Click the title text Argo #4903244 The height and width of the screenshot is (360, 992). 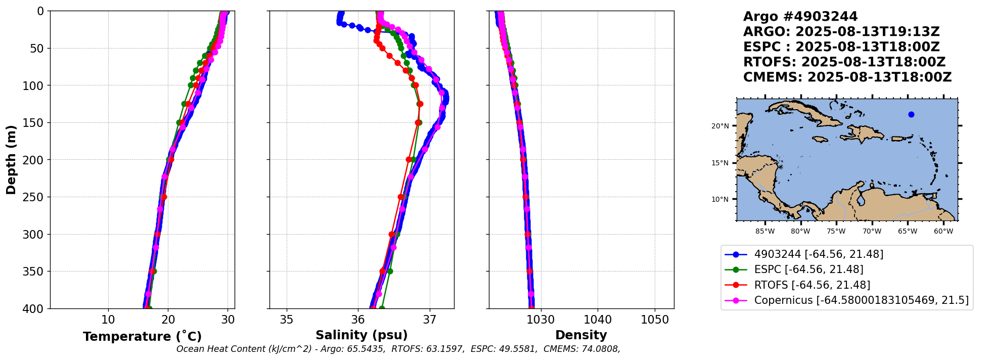tap(800, 17)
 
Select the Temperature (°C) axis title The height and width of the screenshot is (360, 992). tap(142, 337)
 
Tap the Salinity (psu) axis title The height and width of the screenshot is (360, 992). tap(362, 335)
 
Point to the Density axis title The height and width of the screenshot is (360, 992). tap(581, 335)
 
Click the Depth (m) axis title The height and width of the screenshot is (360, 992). tap(11, 160)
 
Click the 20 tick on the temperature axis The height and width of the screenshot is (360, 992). tap(168, 320)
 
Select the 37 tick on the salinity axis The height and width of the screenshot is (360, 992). tap(430, 320)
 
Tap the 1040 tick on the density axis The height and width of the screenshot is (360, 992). tap(598, 320)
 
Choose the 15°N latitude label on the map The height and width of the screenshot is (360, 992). tap(720, 163)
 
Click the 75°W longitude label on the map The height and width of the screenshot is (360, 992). tap(836, 232)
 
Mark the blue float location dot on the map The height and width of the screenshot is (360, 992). tap(911, 115)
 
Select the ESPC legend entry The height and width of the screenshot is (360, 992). tap(808, 269)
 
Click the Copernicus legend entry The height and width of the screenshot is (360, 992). tap(861, 300)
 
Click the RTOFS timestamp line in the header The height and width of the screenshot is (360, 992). tap(844, 62)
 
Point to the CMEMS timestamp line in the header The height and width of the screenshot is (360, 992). tap(847, 77)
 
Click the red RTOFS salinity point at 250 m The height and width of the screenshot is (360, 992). tap(401, 197)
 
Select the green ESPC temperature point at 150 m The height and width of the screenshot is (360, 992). tap(179, 122)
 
